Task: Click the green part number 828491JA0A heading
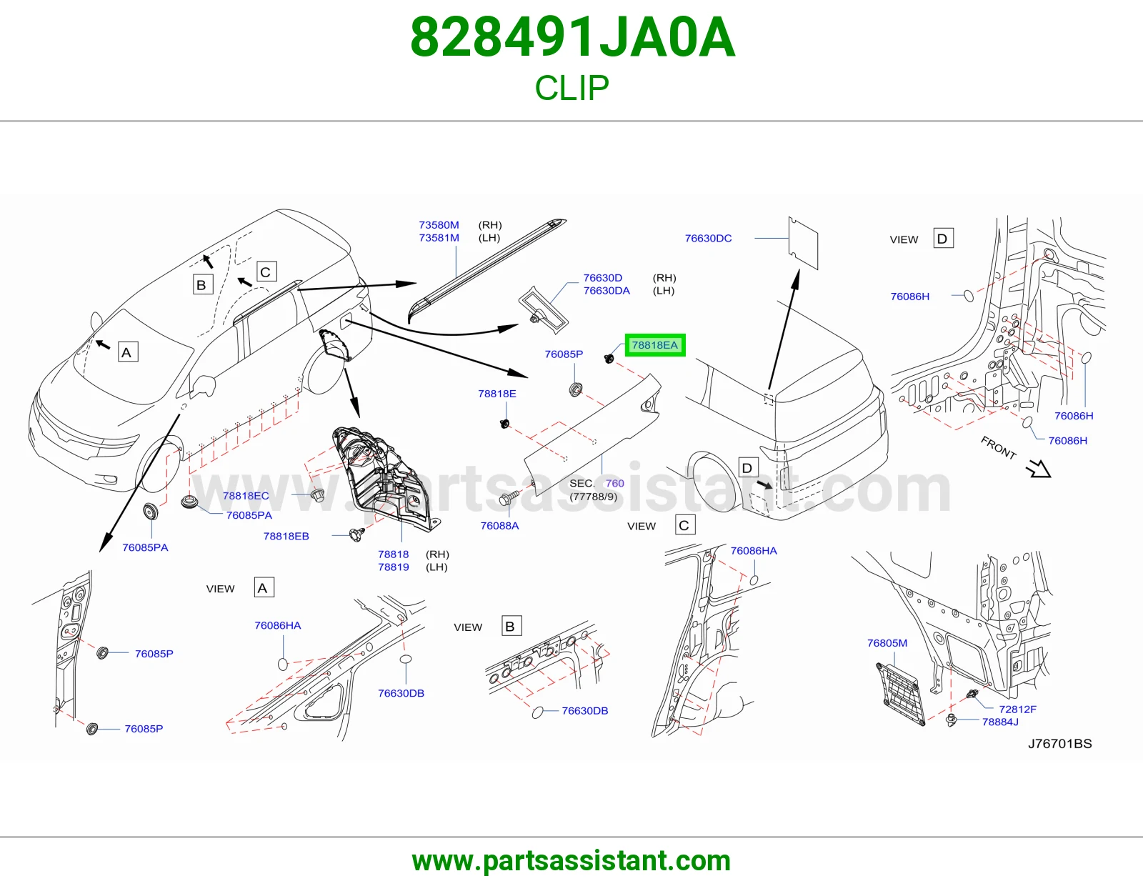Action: coord(572,38)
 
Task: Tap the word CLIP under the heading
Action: coord(571,88)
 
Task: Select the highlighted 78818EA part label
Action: coord(655,345)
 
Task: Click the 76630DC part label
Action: coord(708,239)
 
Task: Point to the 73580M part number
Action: coord(439,225)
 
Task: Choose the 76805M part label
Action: coord(887,643)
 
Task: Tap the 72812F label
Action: coord(1017,710)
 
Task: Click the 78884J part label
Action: coord(1000,722)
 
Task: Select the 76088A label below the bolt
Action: coord(499,526)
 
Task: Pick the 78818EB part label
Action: coord(286,536)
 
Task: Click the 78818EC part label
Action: coord(246,496)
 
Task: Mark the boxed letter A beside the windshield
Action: coord(126,352)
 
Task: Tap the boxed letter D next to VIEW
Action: coord(942,239)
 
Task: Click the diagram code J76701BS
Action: coord(1060,743)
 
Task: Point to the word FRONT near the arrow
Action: coord(998,447)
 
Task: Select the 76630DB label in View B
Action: coord(585,711)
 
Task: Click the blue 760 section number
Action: coord(614,483)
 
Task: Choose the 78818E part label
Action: coord(497,394)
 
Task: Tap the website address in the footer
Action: coord(571,861)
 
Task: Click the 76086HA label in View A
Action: coord(278,626)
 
